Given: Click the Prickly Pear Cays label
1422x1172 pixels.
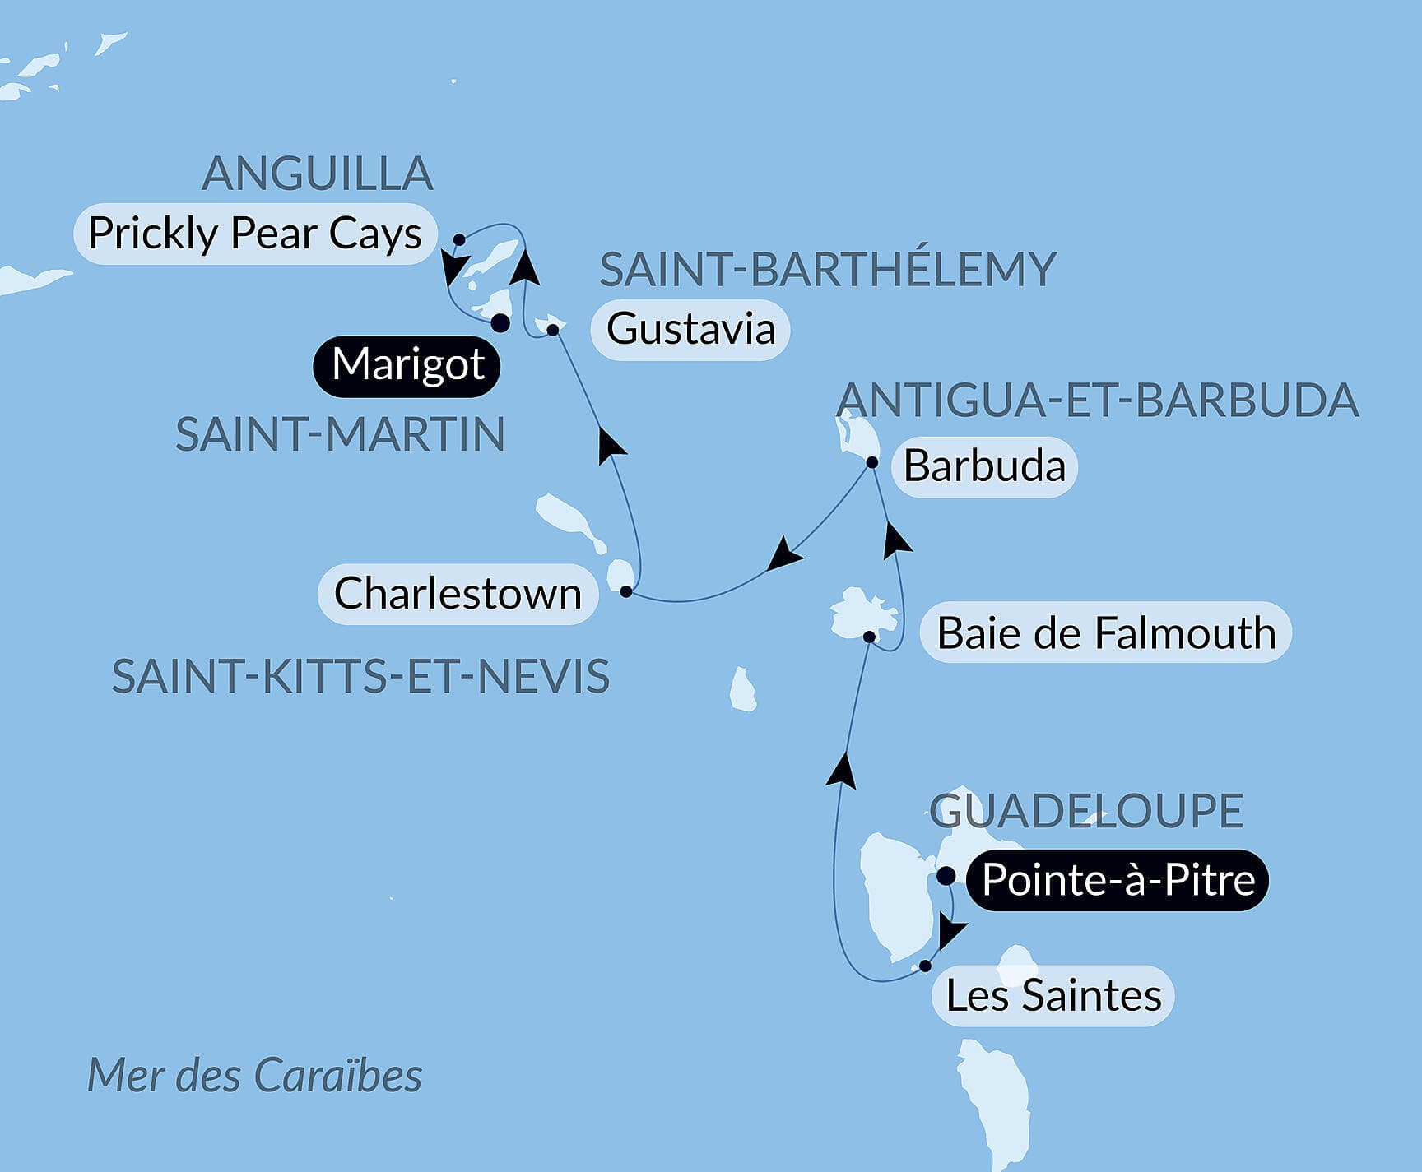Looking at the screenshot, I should coord(255,234).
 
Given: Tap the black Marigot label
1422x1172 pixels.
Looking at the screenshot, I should coord(407,365).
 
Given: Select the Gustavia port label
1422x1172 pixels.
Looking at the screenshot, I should coord(690,329).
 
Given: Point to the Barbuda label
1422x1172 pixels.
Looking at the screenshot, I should coord(984,466).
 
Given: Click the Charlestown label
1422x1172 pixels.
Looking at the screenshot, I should coord(458,594).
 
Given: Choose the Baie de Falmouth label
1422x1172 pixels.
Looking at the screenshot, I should coord(1106,633).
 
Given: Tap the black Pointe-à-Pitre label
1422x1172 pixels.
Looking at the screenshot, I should coord(1118,880).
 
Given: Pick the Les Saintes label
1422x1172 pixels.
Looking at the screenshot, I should coord(1053,996).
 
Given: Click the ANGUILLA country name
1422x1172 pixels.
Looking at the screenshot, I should coord(318,174).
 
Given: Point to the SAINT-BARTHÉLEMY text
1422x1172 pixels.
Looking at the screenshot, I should coord(827,269).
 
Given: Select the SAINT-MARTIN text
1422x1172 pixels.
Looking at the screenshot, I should coord(340,434).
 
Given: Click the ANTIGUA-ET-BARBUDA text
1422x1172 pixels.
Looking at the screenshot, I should coord(1097,401).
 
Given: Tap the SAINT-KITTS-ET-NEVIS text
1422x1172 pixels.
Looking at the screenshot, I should coord(360,677).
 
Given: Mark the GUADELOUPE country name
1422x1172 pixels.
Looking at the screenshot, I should coord(1086,811).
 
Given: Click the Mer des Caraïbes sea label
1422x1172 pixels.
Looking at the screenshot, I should coord(254,1075).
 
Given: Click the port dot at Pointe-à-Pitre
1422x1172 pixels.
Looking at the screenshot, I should coord(946,874).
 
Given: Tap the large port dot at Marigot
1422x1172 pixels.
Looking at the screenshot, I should coord(500,322).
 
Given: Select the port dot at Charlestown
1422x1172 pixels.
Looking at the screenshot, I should coord(626,591).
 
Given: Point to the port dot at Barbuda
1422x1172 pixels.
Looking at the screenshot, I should coord(872,462).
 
